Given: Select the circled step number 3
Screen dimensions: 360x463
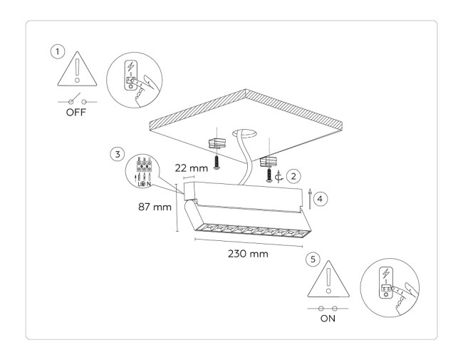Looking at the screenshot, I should click(x=115, y=153).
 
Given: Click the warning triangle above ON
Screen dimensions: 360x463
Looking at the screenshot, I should click(x=328, y=280).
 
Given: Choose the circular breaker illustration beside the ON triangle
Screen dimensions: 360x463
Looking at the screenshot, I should click(x=387, y=291).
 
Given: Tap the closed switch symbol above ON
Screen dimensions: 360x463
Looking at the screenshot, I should click(x=328, y=308).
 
